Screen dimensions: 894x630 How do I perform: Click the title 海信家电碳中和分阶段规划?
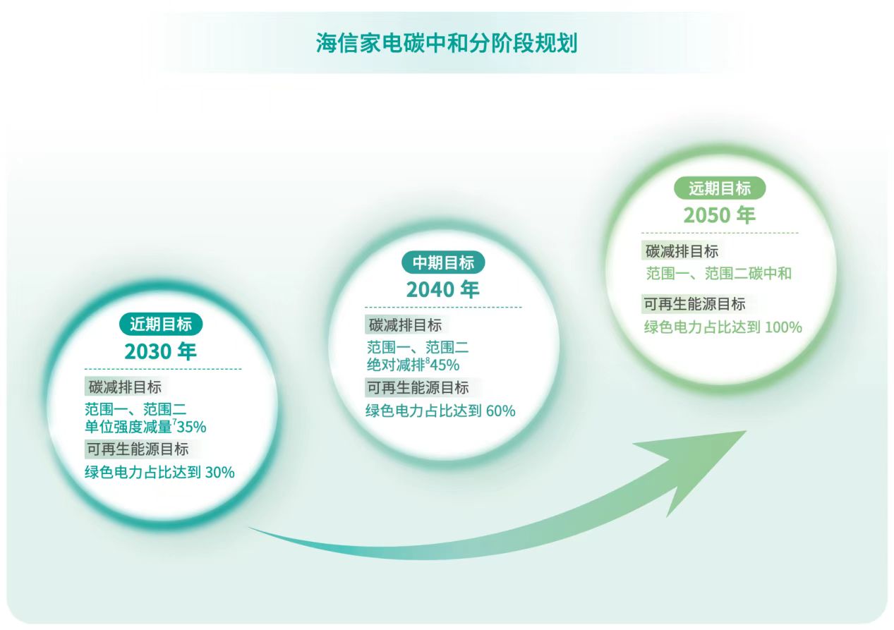click(447, 43)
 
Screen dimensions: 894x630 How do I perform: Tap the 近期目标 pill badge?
click(161, 324)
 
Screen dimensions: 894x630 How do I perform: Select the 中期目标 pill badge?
click(443, 262)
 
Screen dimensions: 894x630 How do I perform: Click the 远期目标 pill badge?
click(720, 188)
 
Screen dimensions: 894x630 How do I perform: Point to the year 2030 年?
click(160, 351)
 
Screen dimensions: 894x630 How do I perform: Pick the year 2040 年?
click(443, 290)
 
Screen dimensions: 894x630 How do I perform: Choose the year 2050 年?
click(720, 215)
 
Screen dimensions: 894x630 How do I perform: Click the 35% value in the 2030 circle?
click(192, 428)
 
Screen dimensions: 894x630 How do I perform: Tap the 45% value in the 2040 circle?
click(445, 365)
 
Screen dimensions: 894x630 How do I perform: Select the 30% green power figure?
click(220, 473)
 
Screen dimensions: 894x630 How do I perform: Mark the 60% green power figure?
click(500, 411)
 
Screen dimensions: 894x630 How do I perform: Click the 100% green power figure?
click(783, 327)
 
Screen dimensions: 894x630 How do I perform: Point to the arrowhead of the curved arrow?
click(746, 432)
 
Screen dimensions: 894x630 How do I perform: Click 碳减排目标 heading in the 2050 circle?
click(682, 251)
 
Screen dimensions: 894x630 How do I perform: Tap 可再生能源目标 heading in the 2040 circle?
click(418, 387)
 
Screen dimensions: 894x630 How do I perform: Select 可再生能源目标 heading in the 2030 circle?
click(138, 449)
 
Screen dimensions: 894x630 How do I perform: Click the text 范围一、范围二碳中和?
click(718, 274)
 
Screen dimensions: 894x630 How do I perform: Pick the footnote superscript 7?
click(174, 421)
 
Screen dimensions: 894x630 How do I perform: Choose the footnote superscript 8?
click(428, 360)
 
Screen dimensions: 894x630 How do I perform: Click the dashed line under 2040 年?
click(443, 307)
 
